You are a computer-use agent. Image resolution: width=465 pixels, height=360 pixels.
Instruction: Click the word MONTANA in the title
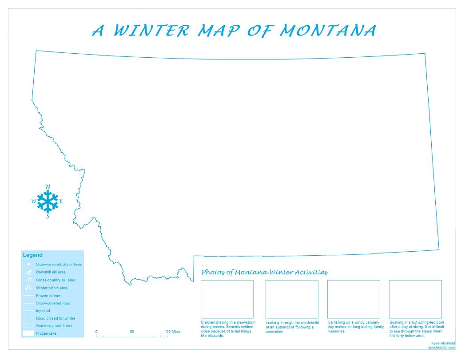328,31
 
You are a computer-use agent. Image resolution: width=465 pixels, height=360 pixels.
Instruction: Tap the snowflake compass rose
48,202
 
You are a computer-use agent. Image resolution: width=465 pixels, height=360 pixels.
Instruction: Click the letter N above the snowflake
48,186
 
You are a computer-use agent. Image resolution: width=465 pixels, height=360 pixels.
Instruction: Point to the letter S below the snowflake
48,217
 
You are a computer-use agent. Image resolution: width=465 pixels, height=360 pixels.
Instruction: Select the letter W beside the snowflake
34,202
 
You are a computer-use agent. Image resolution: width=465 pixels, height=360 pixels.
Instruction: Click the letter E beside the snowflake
61,201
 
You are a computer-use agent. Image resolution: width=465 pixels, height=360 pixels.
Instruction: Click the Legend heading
33,255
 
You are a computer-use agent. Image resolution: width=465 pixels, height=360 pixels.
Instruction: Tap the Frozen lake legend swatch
28,333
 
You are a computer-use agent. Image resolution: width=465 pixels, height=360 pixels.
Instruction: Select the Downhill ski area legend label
51,272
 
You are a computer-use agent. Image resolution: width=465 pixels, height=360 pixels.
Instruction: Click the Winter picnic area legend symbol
28,288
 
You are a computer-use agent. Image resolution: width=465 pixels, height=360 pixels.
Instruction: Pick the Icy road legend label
43,311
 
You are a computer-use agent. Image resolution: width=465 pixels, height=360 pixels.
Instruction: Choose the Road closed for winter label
56,318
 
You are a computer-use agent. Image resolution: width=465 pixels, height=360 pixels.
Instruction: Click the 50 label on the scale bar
132,332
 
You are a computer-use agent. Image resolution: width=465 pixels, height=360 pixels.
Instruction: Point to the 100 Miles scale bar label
172,332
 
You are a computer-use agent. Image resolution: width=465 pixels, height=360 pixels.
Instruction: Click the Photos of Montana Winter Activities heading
264,272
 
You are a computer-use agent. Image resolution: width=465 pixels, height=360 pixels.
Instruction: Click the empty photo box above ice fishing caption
354,299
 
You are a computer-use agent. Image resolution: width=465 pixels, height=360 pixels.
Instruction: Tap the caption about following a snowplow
292,327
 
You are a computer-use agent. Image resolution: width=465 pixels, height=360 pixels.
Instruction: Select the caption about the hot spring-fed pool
416,329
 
